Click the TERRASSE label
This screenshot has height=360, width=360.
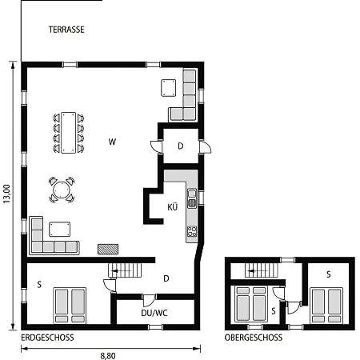click(x=66, y=30)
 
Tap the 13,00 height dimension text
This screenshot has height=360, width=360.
click(x=6, y=194)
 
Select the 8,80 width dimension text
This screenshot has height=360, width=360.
click(x=108, y=356)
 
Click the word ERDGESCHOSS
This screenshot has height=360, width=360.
click(x=47, y=338)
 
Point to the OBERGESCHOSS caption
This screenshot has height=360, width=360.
click(x=254, y=338)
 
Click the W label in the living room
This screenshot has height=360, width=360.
click(x=112, y=142)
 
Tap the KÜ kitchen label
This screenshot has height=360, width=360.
click(x=173, y=206)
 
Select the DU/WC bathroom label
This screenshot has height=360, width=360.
click(x=154, y=313)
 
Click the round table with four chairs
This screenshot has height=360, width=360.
click(x=62, y=190)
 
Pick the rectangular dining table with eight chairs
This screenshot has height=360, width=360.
click(x=69, y=133)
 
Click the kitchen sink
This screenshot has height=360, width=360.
click(x=192, y=198)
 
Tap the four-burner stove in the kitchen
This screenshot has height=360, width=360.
click(x=192, y=231)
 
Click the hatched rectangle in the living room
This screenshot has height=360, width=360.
click(x=108, y=250)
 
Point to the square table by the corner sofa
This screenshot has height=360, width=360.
click(x=169, y=88)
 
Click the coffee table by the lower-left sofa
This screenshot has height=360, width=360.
click(x=60, y=230)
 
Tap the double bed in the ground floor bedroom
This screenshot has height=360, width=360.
click(x=70, y=306)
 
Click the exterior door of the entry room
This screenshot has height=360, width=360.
click(x=205, y=147)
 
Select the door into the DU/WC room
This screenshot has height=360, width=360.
click(x=149, y=300)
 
